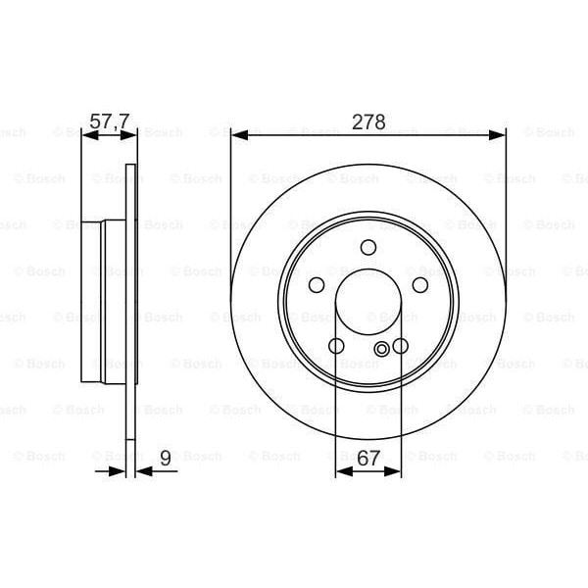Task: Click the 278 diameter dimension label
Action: (x=368, y=122)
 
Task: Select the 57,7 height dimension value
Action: (x=110, y=122)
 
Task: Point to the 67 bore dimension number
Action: (x=368, y=457)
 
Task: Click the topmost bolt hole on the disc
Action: (x=368, y=248)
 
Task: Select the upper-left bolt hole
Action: (x=317, y=284)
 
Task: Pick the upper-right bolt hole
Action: (x=420, y=284)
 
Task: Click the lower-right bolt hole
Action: (x=400, y=346)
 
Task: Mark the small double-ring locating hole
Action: (x=381, y=351)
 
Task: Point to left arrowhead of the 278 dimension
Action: (x=237, y=135)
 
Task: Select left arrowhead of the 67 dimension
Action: (x=341, y=471)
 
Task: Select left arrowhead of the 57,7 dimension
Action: (x=86, y=135)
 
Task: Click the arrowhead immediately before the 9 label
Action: (x=143, y=471)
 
